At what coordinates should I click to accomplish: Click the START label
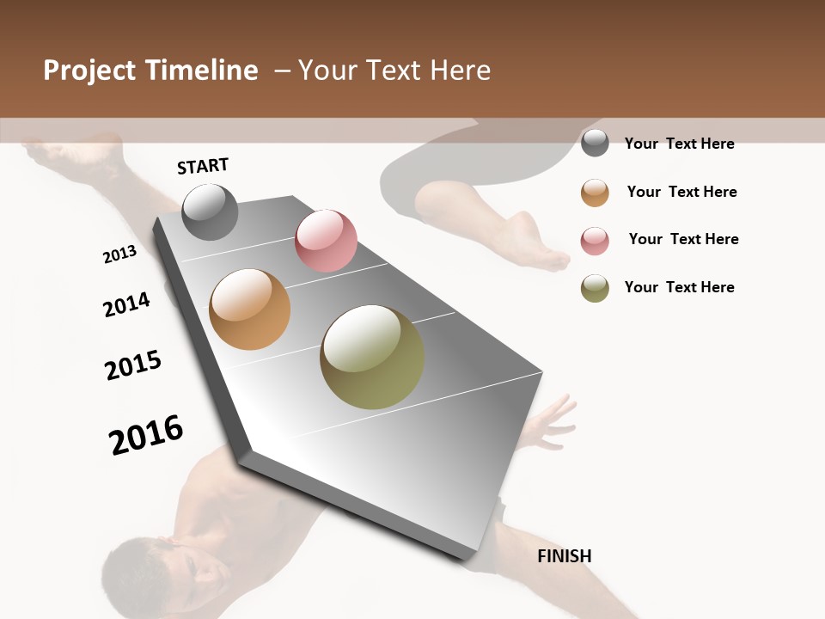click(x=203, y=166)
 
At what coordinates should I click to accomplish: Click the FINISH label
click(x=564, y=556)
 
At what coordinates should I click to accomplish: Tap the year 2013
click(x=119, y=254)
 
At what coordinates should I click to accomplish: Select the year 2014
click(x=126, y=304)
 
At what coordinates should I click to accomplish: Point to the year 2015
click(x=133, y=365)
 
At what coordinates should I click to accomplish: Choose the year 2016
click(x=146, y=434)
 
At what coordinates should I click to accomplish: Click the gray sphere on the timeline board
click(x=210, y=211)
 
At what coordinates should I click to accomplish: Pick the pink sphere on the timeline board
click(x=326, y=241)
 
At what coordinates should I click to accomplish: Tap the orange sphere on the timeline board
click(x=249, y=309)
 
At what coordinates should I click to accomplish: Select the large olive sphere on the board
click(x=372, y=357)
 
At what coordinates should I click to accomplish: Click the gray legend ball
click(x=595, y=144)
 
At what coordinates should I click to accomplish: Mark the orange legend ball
click(x=595, y=193)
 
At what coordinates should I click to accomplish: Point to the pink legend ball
click(x=595, y=241)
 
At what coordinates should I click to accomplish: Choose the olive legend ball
click(x=595, y=288)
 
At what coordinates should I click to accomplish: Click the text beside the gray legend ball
click(x=679, y=144)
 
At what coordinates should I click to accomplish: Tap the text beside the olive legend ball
click(x=679, y=287)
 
